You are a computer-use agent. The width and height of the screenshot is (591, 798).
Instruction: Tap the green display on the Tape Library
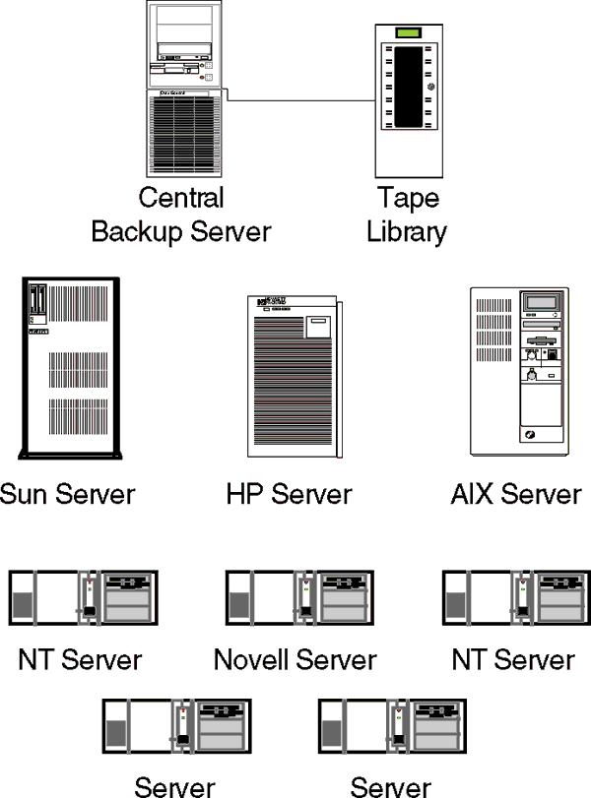(407, 34)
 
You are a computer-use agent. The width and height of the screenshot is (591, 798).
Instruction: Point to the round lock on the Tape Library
(430, 88)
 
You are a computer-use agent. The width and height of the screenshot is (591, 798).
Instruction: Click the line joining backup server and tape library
(295, 100)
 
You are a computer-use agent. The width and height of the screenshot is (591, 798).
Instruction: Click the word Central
(181, 198)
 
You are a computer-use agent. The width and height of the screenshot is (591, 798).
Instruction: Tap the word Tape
(407, 199)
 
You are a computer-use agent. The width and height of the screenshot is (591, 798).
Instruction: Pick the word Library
(407, 233)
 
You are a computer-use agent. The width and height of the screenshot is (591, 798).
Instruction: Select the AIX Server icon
(518, 370)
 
